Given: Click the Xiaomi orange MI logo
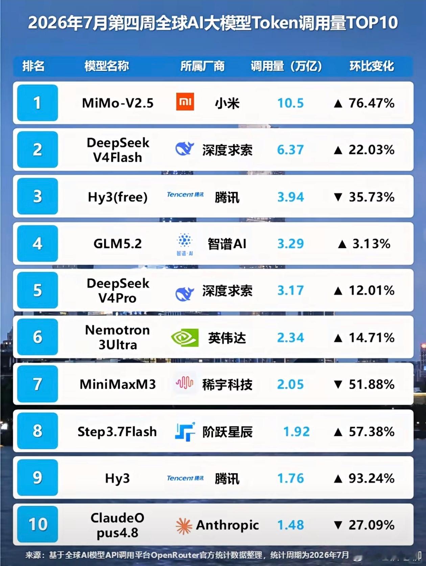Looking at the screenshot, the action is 185,102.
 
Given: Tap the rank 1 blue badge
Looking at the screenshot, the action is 38,103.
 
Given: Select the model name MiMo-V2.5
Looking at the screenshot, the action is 118,103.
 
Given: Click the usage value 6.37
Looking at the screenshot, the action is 290,150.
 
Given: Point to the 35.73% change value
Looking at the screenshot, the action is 372,197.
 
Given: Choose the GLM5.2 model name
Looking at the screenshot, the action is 118,244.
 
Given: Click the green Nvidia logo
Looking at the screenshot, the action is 185,337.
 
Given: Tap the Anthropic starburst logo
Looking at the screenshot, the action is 184,526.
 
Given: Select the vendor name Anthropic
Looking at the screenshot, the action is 228,525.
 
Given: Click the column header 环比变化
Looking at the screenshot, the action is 372,66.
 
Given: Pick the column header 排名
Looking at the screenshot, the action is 33,66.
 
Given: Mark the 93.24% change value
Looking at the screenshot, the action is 372,478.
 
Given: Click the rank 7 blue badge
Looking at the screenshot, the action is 38,384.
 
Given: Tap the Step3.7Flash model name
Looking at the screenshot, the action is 117,432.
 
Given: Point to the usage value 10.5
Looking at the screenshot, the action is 290,103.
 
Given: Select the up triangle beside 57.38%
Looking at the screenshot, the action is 338,432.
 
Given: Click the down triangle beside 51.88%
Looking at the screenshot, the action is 338,384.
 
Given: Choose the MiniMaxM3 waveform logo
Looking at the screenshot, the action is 184,383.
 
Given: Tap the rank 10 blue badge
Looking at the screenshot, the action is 38,524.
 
